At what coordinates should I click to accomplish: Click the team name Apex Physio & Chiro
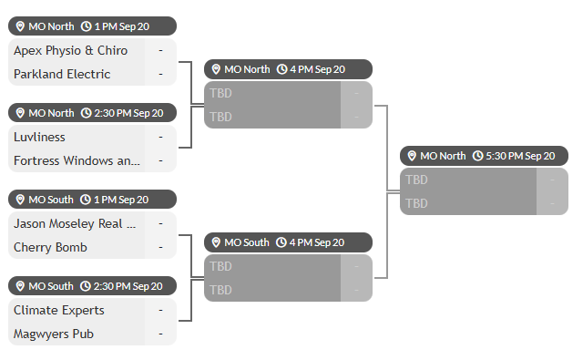click(x=71, y=50)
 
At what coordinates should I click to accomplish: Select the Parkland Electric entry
click(x=62, y=74)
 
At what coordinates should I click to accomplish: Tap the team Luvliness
click(x=39, y=137)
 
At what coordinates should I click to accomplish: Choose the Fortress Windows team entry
click(x=77, y=160)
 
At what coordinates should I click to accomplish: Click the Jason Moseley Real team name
click(x=75, y=223)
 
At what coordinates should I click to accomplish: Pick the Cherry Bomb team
click(x=50, y=247)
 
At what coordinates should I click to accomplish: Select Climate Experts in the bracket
click(x=59, y=310)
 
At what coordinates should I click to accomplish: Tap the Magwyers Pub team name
click(x=54, y=334)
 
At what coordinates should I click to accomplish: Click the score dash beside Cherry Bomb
click(x=160, y=247)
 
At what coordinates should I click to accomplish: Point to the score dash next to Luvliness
click(x=160, y=137)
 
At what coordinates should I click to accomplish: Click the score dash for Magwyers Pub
click(x=160, y=334)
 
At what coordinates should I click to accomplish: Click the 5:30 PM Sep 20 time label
click(x=520, y=156)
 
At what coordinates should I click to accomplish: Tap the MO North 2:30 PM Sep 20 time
click(x=128, y=113)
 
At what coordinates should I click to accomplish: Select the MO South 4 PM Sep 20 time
click(x=317, y=242)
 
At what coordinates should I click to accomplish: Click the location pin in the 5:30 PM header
click(x=412, y=156)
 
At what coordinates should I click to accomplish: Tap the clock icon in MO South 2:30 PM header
click(x=86, y=286)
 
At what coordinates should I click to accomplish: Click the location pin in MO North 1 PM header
click(x=20, y=26)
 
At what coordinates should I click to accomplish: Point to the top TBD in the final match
click(x=417, y=180)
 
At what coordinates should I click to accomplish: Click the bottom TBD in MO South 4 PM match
click(x=220, y=290)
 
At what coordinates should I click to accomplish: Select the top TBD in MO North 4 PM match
click(x=220, y=93)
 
